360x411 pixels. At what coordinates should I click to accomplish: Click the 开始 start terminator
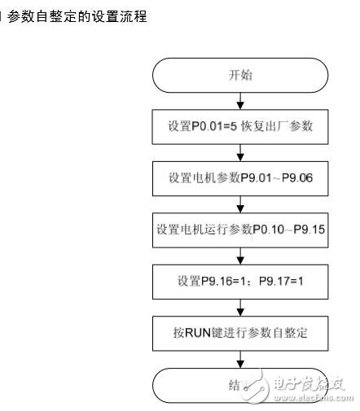[239, 76]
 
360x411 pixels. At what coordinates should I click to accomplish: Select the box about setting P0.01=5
[239, 128]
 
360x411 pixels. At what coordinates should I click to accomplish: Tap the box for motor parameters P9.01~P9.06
[239, 179]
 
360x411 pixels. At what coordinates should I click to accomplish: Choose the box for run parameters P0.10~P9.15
[239, 230]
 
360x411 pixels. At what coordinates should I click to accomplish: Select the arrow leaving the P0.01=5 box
[239, 153]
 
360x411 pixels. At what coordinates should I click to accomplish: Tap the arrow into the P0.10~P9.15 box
[239, 204]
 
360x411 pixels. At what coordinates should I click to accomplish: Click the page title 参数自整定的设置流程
[77, 16]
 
